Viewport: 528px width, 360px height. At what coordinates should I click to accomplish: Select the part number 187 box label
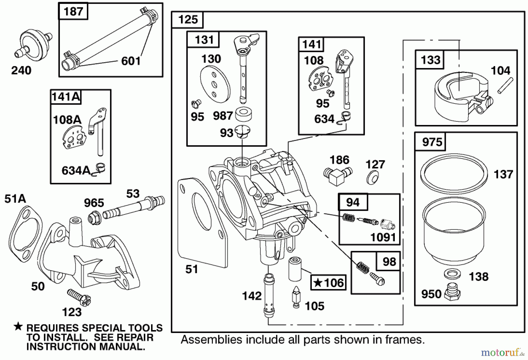pos(73,11)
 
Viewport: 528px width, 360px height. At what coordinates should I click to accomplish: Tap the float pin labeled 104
pos(505,85)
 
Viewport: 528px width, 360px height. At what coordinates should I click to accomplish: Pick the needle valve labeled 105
pos(296,296)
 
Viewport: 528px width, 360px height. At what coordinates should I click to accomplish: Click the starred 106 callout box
pos(329,283)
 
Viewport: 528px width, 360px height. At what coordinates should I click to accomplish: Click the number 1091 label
pos(383,237)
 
